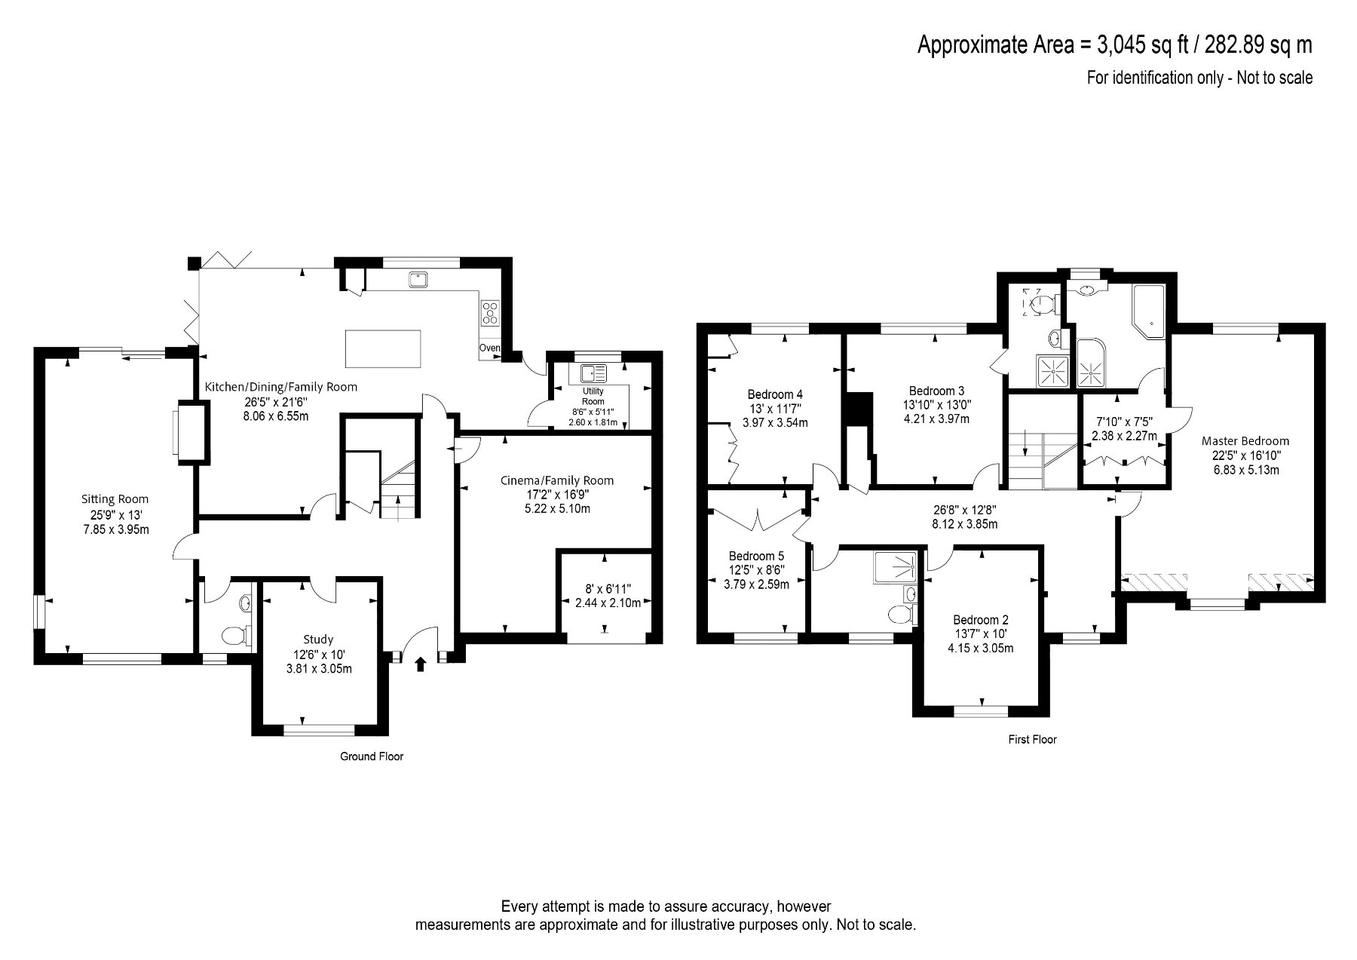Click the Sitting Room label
point(115,499)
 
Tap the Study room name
point(318,639)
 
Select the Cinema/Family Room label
point(557,480)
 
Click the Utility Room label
point(593,397)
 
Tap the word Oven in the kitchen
point(490,348)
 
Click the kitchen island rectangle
point(383,348)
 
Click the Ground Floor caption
point(372,756)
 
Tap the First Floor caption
point(1033,740)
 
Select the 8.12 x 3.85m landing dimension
point(965,523)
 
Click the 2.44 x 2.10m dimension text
point(608,603)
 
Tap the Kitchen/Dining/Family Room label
point(281,387)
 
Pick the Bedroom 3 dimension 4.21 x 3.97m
point(936,419)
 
